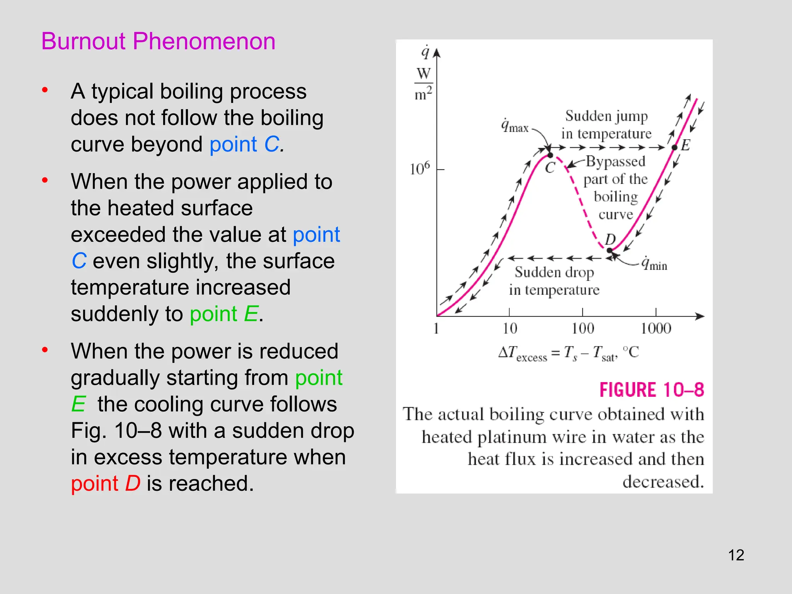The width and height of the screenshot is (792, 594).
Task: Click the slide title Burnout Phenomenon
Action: [158, 41]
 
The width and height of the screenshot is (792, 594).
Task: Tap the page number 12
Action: [736, 555]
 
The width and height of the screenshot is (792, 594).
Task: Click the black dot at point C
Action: [550, 155]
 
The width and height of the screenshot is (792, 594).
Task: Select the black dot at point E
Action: [674, 147]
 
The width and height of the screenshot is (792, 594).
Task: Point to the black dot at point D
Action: [610, 250]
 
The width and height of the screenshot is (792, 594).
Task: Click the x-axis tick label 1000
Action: [656, 329]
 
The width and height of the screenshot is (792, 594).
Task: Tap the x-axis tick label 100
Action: [583, 329]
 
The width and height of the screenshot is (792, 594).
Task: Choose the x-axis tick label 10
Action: [510, 329]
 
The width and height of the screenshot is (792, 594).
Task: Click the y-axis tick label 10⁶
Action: [420, 169]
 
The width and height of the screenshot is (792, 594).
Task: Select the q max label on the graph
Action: [515, 126]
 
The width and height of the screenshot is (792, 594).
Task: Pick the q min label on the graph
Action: [654, 264]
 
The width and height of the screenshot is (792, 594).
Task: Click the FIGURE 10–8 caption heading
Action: [652, 390]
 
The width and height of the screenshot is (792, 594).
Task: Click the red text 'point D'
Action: [106, 483]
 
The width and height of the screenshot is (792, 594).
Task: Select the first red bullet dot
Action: [45, 90]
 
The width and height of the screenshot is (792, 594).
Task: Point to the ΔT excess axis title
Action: [568, 353]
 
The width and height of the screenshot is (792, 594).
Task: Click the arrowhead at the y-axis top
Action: [437, 53]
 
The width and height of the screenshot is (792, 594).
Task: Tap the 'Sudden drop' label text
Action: [554, 273]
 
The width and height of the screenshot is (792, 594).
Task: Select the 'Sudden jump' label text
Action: [606, 116]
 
